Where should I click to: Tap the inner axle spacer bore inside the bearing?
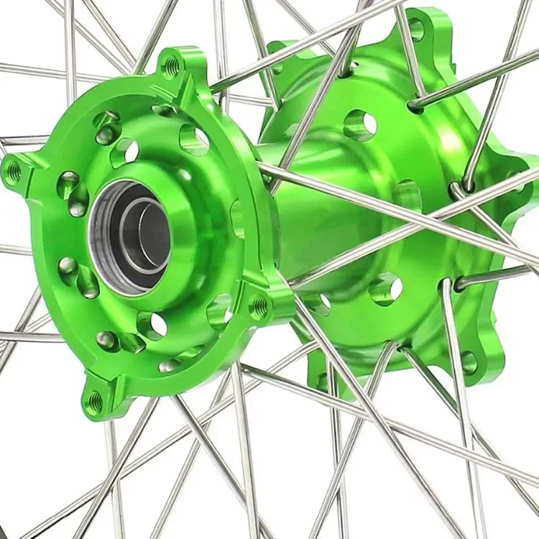pos(147,237)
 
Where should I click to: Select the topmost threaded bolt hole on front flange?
pos(172,68)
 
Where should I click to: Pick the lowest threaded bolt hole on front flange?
pos(94,402)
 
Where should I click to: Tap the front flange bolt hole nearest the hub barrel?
pos(259,308)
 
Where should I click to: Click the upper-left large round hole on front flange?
pos(124,151)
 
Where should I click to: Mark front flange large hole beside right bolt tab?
pos(220,313)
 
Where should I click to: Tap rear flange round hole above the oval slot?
pos(360,124)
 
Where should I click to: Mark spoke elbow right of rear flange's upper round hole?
pos(415,106)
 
